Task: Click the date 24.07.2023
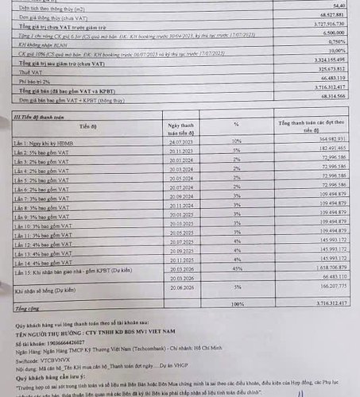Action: [184, 141]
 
